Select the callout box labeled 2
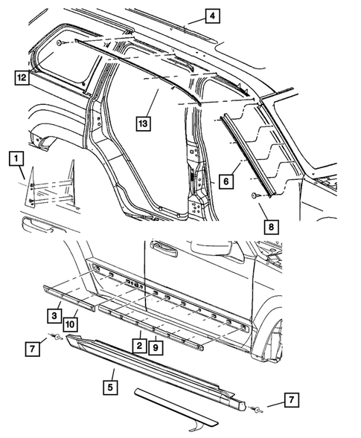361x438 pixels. [x=138, y=344]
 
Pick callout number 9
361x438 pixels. [x=155, y=344]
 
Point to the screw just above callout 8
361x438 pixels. [x=255, y=196]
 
